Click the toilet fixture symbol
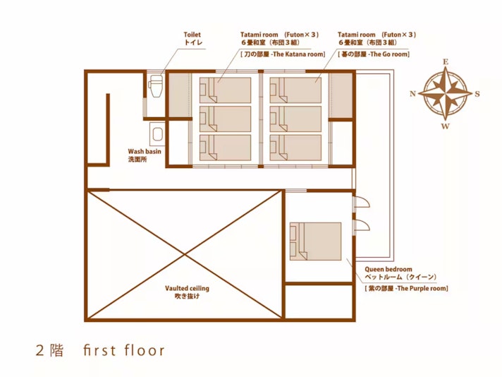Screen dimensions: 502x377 pos(156,85)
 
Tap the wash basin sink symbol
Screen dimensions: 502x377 pos(157,134)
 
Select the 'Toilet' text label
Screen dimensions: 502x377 pos(192,35)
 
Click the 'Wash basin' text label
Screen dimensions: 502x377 pos(145,151)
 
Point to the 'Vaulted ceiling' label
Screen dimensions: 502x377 pos(187,288)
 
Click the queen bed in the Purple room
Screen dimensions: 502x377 pos(315,241)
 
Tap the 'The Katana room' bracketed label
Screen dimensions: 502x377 pos(283,54)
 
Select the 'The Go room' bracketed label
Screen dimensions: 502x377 pos(374,54)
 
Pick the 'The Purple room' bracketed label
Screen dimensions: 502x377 pos(406,288)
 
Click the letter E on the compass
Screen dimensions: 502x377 pos(446,62)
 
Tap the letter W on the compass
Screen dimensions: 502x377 pos(446,126)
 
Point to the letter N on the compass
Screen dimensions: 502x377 pos(412,94)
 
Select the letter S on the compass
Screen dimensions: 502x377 pos(477,94)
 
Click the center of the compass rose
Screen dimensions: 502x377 pos(446,94)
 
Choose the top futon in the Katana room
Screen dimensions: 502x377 pos(225,90)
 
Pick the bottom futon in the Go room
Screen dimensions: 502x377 pos(295,148)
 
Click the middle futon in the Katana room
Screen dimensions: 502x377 pos(225,119)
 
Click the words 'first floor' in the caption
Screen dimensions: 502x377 pos(124,350)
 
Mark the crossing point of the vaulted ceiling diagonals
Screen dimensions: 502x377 pos(185,255)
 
